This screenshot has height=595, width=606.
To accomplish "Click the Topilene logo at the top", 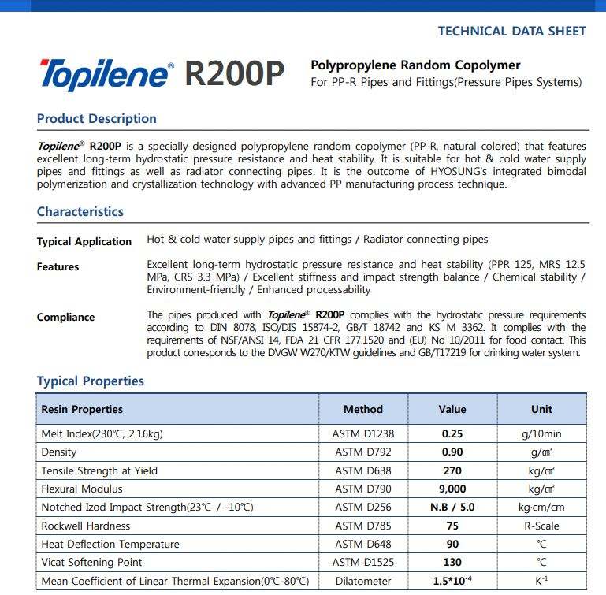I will [x=104, y=74].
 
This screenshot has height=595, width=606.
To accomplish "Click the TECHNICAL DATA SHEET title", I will [x=511, y=32].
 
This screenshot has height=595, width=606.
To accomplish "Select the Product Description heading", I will [x=96, y=119].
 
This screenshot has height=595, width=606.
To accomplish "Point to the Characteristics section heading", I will [x=80, y=211].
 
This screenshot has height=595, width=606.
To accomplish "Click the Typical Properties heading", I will [x=90, y=381].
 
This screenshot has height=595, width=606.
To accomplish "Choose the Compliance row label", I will [x=65, y=318].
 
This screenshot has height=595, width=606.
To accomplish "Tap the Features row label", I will [x=58, y=267].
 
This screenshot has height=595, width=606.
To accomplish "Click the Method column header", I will [x=362, y=409].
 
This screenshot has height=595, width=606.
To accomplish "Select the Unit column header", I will [x=541, y=409].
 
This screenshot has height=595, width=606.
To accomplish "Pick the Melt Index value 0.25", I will [x=452, y=433].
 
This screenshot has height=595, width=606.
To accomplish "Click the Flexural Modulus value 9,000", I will [x=452, y=489].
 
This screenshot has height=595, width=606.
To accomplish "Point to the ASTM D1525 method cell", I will [x=362, y=562].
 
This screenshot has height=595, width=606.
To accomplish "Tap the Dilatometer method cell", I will [x=362, y=581].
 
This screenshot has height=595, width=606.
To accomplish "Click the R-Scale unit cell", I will [x=541, y=526].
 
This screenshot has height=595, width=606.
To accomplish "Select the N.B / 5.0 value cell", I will [x=452, y=507].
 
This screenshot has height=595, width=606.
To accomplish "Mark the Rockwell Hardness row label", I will [x=85, y=526].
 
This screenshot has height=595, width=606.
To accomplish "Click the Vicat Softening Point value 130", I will [x=452, y=562].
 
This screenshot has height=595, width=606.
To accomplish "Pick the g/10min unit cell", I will [x=541, y=433].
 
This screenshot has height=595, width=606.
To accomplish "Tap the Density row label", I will [x=59, y=452].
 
